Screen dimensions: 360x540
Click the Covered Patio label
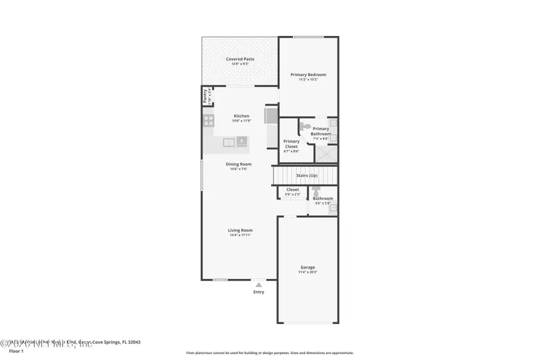[240, 59]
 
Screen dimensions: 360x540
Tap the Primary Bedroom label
[308, 74]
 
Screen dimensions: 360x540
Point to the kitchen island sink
[229, 142]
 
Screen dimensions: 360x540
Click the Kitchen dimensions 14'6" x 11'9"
[241, 121]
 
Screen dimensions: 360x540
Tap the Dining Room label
[239, 164]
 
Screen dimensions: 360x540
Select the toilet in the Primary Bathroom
[305, 127]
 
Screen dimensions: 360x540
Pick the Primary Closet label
[292, 144]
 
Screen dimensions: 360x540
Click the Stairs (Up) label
[306, 175]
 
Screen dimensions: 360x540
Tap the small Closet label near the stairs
[292, 190]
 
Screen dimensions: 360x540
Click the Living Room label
[240, 230]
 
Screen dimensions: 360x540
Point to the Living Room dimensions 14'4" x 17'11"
[240, 235]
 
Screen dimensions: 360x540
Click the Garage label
[308, 267]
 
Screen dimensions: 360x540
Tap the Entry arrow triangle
[258, 286]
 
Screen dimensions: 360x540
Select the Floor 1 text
[16, 351]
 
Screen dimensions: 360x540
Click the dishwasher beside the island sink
[242, 142]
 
